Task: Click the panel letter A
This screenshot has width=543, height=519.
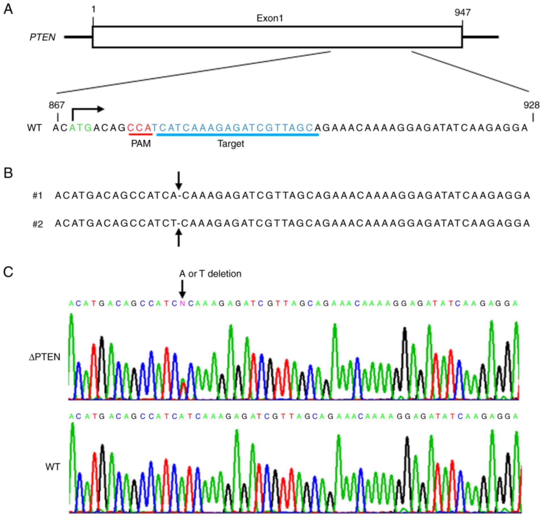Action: [x=9, y=10]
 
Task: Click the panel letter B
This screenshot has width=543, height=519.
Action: [x=8, y=173]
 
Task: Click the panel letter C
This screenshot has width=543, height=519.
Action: [x=8, y=272]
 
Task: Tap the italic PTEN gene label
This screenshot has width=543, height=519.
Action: [x=43, y=37]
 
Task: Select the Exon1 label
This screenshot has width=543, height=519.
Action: [x=270, y=18]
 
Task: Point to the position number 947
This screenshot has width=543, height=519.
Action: [x=462, y=12]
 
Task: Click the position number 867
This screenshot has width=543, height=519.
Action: [x=57, y=105]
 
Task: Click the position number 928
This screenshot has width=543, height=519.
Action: [x=531, y=105]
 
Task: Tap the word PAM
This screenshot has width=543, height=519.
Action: [x=141, y=144]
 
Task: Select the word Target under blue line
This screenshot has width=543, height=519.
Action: [x=231, y=144]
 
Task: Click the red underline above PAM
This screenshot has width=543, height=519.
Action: [x=141, y=134]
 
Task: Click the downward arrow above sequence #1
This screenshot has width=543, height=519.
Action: [x=179, y=180]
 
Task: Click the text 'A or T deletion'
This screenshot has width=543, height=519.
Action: [x=210, y=274]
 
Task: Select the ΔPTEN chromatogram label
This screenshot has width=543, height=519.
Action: [x=45, y=357]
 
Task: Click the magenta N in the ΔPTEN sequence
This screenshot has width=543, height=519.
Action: [x=182, y=304]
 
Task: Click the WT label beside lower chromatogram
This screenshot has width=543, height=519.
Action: [x=53, y=467]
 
